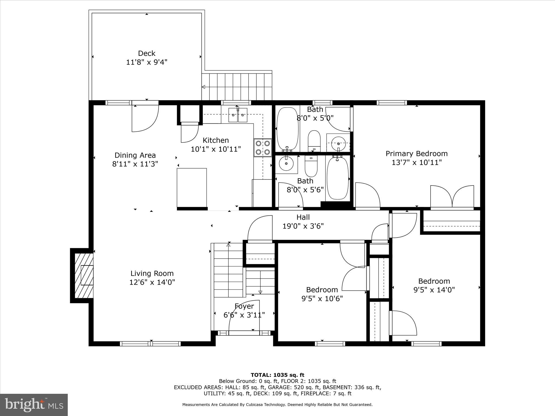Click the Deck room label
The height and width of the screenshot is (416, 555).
[x=147, y=53]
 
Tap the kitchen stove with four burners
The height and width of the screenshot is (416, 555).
[x=263, y=148]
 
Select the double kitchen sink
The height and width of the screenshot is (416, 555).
[x=238, y=115]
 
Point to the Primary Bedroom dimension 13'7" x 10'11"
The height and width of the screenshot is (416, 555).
[x=417, y=162]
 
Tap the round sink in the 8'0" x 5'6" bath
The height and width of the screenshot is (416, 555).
[x=286, y=164]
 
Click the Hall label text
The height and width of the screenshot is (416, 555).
[x=303, y=217]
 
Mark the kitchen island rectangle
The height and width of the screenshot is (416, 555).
[x=192, y=187]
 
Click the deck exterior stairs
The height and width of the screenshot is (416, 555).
[x=237, y=87]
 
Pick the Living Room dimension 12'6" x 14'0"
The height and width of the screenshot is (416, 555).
[x=152, y=282]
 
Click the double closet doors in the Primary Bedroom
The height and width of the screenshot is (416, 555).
[x=452, y=197]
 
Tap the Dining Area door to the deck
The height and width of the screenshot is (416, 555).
[x=145, y=118]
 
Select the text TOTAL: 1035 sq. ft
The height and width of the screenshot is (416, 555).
[x=277, y=375]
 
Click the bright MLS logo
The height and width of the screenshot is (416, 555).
[x=34, y=405]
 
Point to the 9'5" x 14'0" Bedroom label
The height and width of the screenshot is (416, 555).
[x=434, y=281]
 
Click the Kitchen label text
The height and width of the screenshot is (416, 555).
[x=216, y=140]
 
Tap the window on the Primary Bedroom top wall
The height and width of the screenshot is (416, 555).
[x=391, y=103]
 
